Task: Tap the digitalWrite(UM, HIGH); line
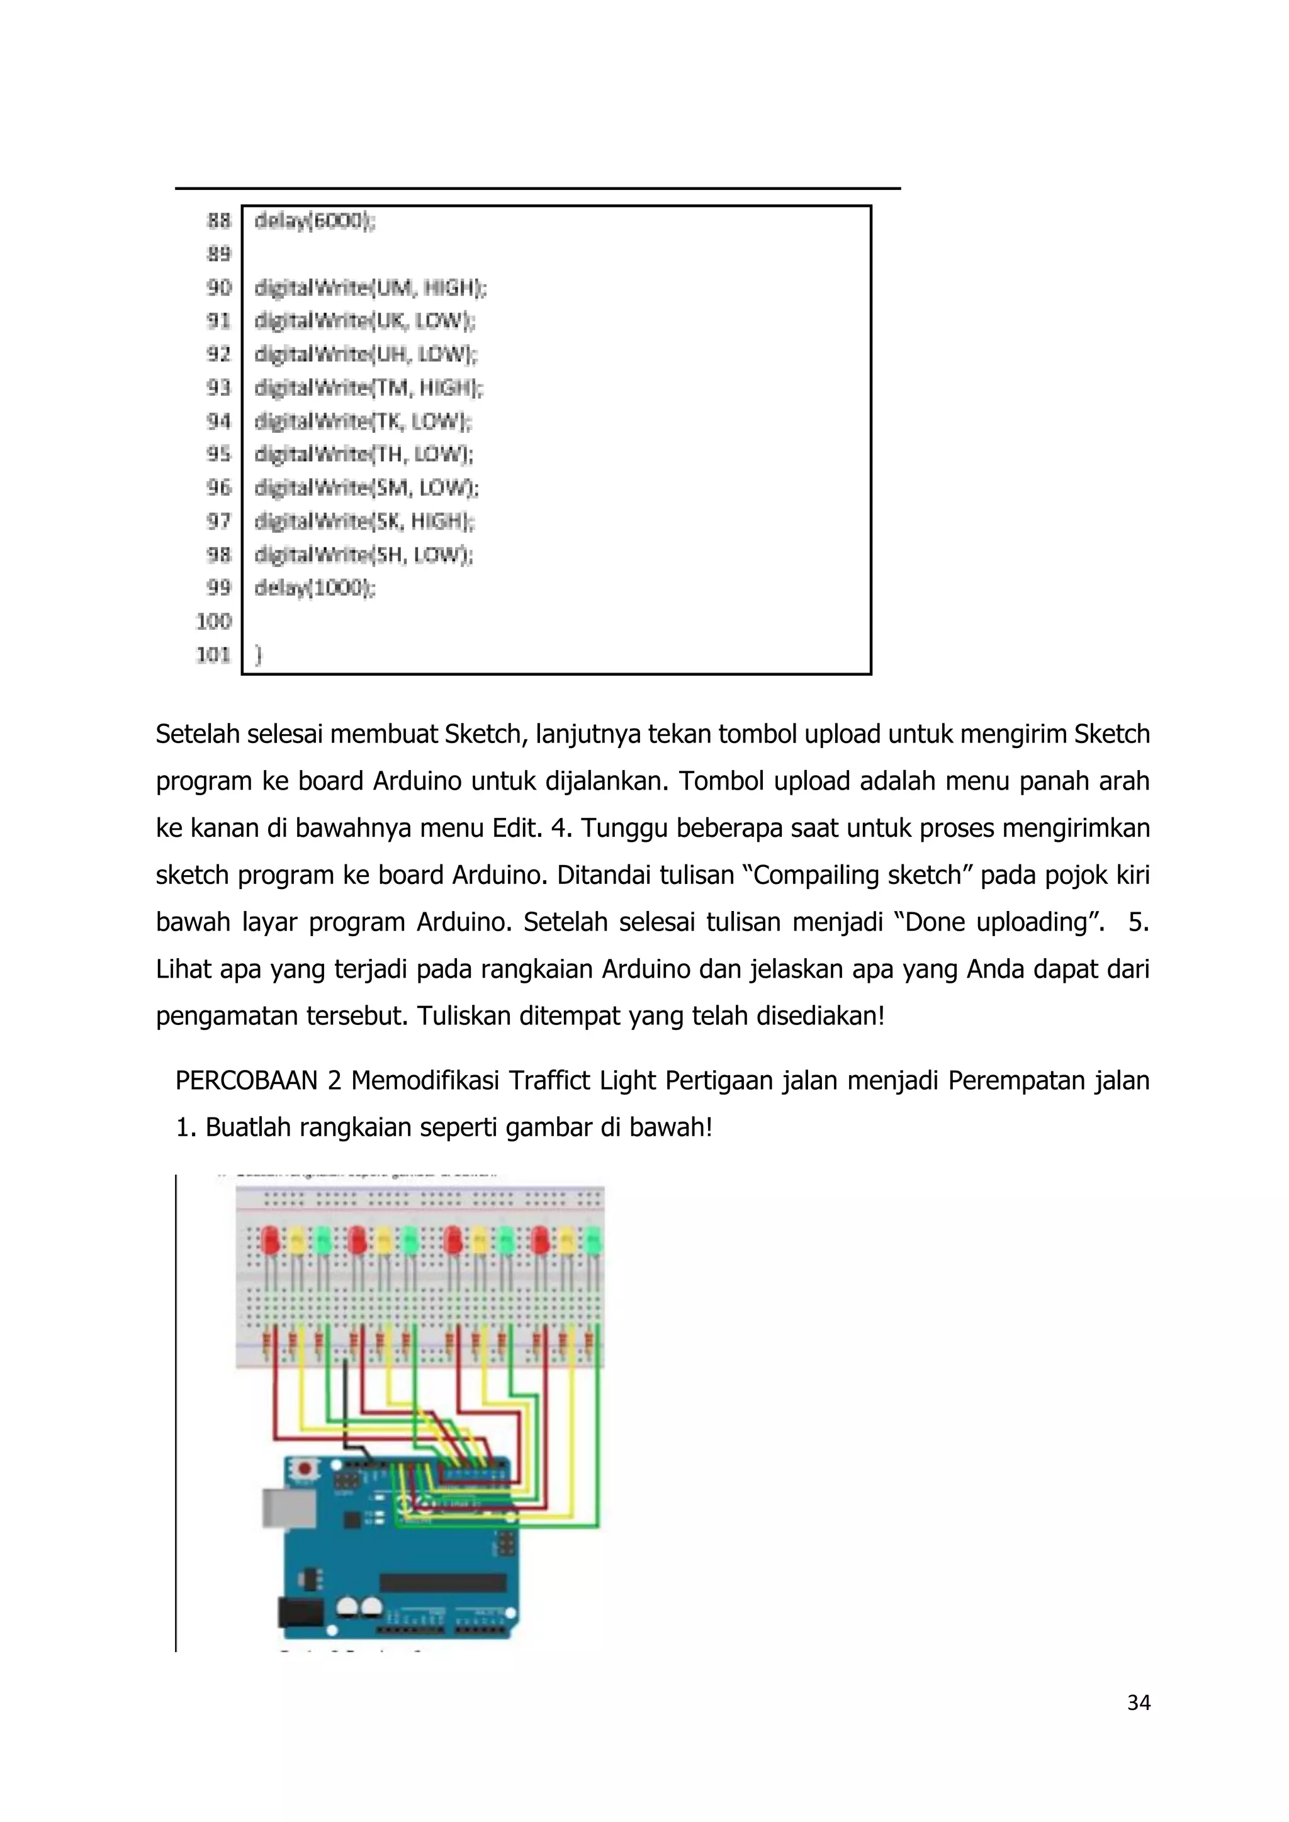(x=370, y=288)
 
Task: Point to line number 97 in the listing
(x=218, y=522)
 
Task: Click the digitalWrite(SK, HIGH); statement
(x=364, y=522)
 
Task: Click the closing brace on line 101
(x=258, y=655)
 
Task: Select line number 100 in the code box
(x=213, y=622)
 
